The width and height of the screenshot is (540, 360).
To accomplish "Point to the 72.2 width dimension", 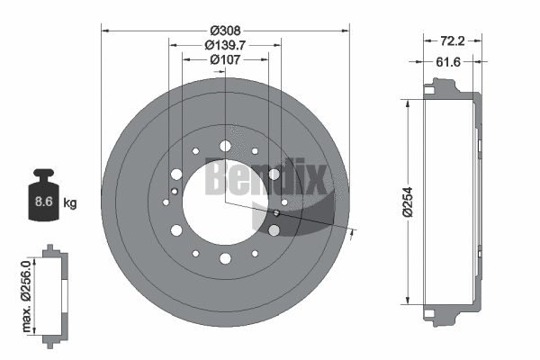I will [452, 40].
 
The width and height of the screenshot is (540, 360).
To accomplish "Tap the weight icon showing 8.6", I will [42, 193].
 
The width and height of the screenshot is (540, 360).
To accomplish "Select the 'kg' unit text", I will [69, 202].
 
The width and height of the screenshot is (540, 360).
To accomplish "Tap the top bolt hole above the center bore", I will [223, 145].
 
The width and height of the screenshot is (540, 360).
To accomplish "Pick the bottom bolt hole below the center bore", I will [223, 260].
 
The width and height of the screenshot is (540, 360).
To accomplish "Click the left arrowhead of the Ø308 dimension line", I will [105, 31].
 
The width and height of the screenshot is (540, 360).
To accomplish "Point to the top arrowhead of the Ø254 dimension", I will [410, 102].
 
